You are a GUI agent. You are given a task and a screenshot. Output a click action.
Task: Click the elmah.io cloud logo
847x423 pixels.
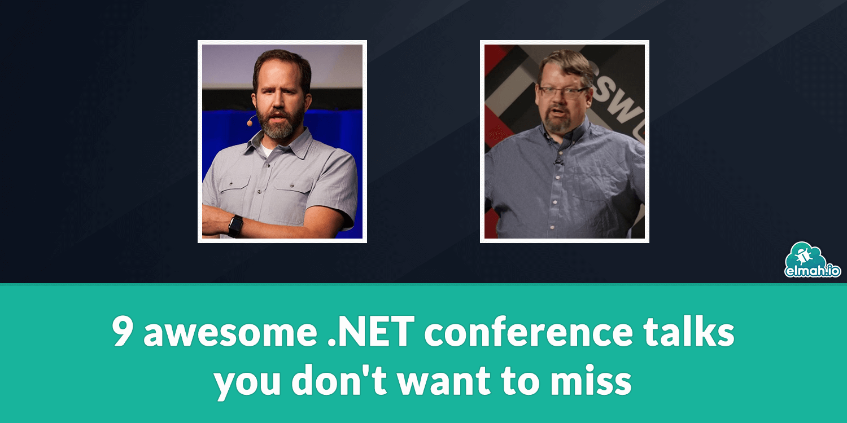point(813,260)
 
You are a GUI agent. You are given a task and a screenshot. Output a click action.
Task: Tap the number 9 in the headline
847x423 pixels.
point(122,333)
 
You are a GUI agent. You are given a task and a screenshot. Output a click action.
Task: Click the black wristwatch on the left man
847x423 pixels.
point(235,226)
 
